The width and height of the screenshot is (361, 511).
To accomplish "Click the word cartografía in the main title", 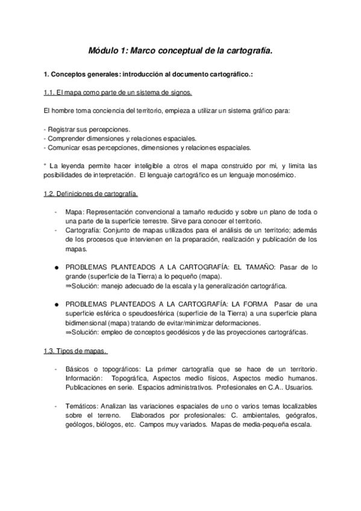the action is tap(245, 52).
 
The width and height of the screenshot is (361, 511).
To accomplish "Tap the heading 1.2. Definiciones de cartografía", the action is tap(91, 194).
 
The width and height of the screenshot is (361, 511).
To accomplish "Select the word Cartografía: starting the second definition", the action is tap(83, 230).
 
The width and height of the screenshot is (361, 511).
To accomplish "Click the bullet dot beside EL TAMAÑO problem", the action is tap(55, 266).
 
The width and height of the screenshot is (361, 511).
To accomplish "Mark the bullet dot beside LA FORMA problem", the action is tap(55, 304).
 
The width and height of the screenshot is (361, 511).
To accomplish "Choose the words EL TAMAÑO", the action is tap(262, 266).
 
